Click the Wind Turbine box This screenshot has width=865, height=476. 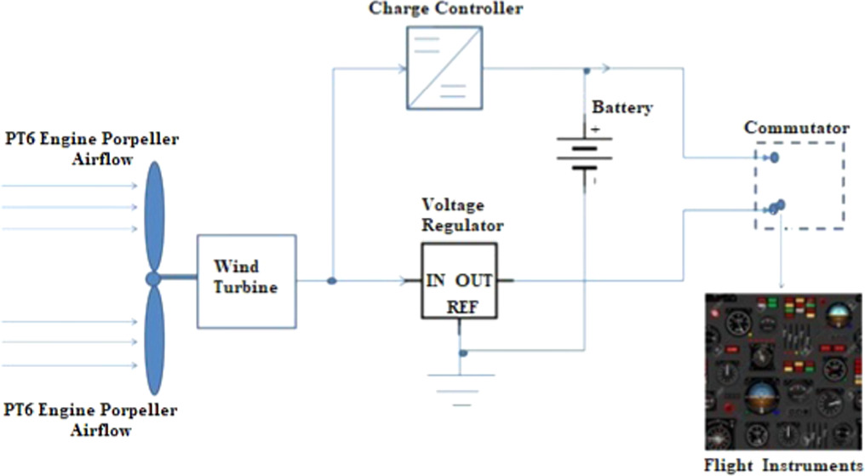pos(247,280)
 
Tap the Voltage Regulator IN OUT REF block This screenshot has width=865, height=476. pos(459,281)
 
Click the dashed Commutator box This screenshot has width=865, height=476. pos(799,185)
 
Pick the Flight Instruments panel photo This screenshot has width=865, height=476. pos(782,371)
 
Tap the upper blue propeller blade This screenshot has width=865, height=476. pos(154,216)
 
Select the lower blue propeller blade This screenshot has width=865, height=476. pos(154,341)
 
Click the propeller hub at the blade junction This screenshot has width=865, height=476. pos(153,279)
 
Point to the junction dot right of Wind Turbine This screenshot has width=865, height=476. pos(331,280)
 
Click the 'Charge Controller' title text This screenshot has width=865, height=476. pos(445,9)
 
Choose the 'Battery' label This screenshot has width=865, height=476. pos(622,108)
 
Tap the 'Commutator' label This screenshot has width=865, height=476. pos(796,129)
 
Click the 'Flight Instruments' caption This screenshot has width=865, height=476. pos(782,466)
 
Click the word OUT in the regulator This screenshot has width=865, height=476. pos(473,281)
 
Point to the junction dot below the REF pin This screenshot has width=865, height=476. pos(462,353)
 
